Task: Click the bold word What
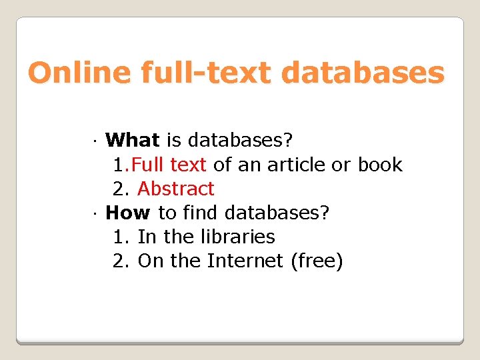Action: pyautogui.click(x=133, y=141)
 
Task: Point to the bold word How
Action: pyautogui.click(x=129, y=213)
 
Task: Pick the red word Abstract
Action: pyautogui.click(x=176, y=189)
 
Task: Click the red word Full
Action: pyautogui.click(x=150, y=165)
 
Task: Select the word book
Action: pyautogui.click(x=381, y=165)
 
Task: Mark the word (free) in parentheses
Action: pyautogui.click(x=317, y=261)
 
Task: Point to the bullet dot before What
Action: pyautogui.click(x=96, y=142)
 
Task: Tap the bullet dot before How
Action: pyautogui.click(x=96, y=214)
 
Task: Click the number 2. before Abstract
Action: pyautogui.click(x=121, y=189)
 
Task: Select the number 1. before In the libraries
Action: pyautogui.click(x=121, y=237)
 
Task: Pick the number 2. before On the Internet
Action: pyautogui.click(x=121, y=261)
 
